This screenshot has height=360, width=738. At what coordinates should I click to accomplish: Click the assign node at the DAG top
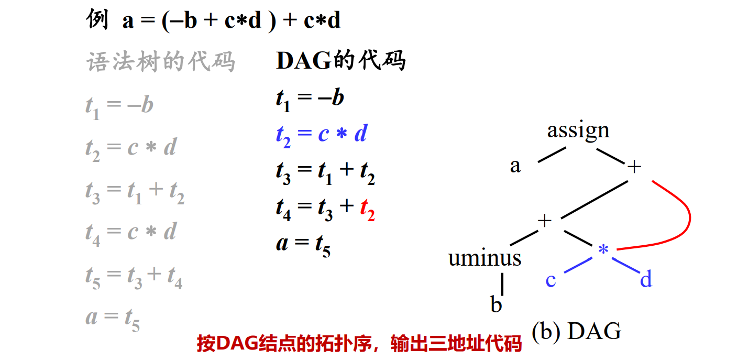[578, 130]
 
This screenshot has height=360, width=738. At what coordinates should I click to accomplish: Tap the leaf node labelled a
[515, 166]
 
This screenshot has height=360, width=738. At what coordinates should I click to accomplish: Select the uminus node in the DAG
[484, 258]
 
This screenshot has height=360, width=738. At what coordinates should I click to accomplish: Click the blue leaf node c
[550, 280]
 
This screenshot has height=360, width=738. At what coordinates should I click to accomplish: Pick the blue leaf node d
[646, 280]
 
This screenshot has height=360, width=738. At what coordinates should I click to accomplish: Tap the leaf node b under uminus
[495, 304]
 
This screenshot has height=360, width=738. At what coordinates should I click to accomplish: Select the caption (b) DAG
[576, 331]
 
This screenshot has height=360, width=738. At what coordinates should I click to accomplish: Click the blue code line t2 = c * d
[321, 135]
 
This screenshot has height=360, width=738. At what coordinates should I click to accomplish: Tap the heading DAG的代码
[340, 61]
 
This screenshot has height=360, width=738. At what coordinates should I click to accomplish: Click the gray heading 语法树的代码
[160, 62]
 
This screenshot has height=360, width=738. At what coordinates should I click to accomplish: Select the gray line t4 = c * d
[131, 232]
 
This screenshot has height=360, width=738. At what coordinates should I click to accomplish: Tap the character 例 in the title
[97, 21]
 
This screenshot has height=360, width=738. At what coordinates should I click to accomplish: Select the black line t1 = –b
[310, 99]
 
